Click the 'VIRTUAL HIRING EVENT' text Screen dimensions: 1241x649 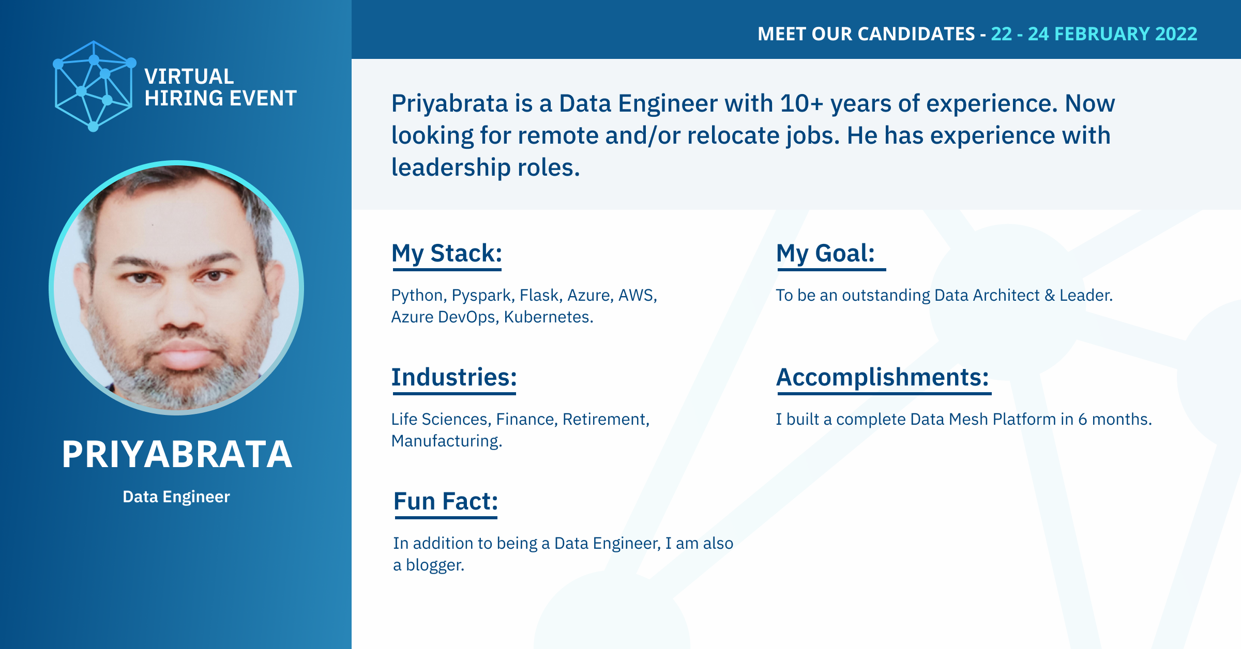click(x=220, y=87)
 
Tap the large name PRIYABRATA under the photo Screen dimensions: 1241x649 click(x=177, y=454)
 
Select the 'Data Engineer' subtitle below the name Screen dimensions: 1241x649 click(x=176, y=497)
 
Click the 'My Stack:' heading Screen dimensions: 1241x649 click(x=447, y=254)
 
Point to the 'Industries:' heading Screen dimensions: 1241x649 click(x=454, y=377)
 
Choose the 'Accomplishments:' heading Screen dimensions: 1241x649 click(x=883, y=378)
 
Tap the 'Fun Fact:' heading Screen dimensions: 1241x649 click(x=446, y=501)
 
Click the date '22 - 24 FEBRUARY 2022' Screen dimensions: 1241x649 click(x=1094, y=34)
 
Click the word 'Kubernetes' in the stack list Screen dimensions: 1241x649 click(x=547, y=317)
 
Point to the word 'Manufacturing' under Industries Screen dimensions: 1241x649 click(x=445, y=441)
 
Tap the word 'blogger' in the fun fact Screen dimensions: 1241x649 click(x=433, y=565)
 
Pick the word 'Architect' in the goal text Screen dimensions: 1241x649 click(x=1006, y=295)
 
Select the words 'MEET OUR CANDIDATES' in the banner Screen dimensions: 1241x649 click(x=866, y=34)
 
